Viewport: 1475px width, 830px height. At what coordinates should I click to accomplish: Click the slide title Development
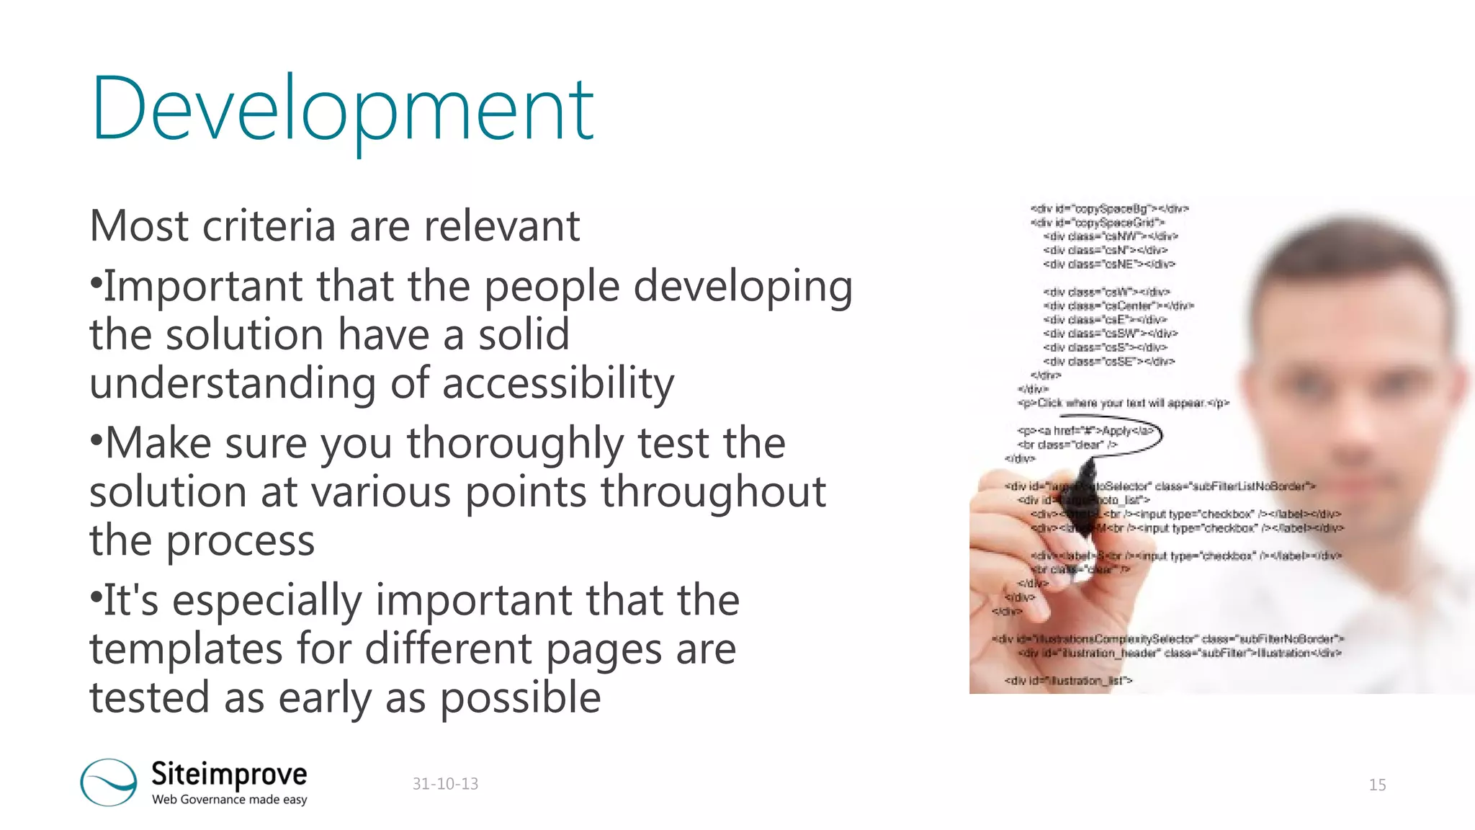(x=342, y=110)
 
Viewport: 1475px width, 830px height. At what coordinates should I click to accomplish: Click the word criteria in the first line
(x=269, y=226)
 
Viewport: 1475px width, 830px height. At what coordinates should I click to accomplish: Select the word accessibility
(x=558, y=383)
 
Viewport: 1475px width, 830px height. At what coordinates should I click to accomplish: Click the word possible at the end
(x=520, y=698)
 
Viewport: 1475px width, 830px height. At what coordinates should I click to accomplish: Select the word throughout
(x=713, y=492)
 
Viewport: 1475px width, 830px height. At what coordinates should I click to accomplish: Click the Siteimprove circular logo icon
(x=109, y=782)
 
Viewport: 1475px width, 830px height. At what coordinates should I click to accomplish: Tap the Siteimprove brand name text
(x=229, y=774)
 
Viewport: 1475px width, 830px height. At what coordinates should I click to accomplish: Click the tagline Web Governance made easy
(x=229, y=800)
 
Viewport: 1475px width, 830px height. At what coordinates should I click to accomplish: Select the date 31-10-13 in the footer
(x=445, y=784)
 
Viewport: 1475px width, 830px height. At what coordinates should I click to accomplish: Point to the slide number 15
(x=1377, y=785)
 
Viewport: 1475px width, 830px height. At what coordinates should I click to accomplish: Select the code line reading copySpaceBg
(x=1109, y=209)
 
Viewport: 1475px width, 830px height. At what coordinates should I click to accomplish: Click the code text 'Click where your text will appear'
(x=1124, y=403)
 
